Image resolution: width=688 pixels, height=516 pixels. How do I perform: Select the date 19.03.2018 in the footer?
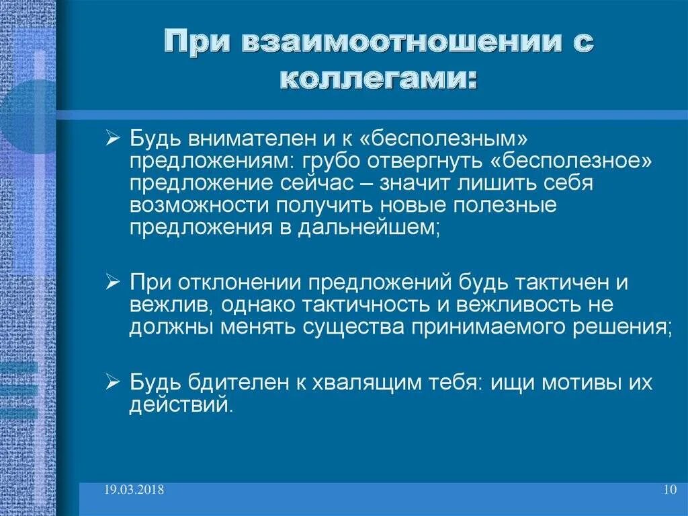(x=134, y=490)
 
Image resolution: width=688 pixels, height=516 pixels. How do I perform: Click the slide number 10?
(x=669, y=490)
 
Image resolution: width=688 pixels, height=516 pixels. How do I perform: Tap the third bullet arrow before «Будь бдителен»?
(x=113, y=384)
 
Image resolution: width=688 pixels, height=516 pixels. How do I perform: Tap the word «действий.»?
(x=181, y=406)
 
